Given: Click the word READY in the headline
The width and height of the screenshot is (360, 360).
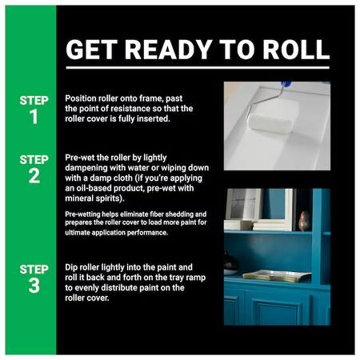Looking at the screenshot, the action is [x=169, y=50].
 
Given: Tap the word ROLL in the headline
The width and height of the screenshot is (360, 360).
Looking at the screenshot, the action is [x=296, y=50].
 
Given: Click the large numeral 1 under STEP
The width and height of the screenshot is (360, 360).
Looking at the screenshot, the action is [x=34, y=117].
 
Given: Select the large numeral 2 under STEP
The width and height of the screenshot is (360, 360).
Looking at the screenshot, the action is [x=34, y=176].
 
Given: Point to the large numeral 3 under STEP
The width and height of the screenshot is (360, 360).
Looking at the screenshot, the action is [x=34, y=286].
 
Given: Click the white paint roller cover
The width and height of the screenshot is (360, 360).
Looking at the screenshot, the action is [x=270, y=123].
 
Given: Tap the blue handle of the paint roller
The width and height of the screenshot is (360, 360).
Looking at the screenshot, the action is [x=286, y=84].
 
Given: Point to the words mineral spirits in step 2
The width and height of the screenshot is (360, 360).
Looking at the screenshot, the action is [x=94, y=198].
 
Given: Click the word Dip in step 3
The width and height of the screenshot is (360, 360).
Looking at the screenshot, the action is [x=71, y=267].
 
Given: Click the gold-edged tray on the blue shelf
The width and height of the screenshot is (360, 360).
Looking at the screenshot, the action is [x=277, y=276].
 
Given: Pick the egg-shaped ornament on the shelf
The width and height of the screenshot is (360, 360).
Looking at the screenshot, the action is [x=304, y=221].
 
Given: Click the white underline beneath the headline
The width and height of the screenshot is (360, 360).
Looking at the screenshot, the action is [x=198, y=68].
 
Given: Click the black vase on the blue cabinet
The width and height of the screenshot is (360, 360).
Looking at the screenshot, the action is [x=230, y=264].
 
